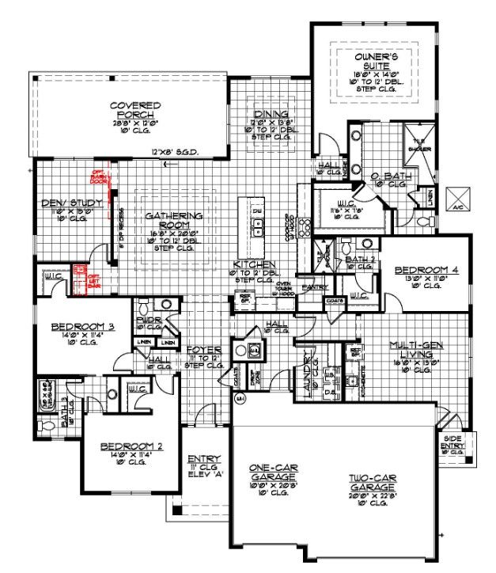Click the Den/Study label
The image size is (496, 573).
[72, 203]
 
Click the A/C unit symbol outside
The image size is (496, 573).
[458, 198]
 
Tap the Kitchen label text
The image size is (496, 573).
[254, 264]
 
